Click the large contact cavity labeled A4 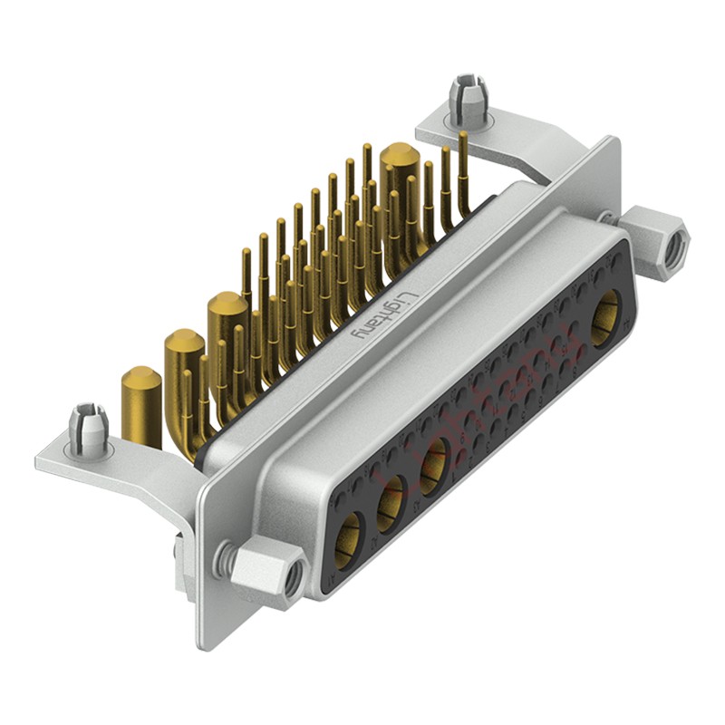(x=605, y=317)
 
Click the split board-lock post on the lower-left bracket (x=90, y=426)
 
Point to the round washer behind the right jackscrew (x=606, y=217)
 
